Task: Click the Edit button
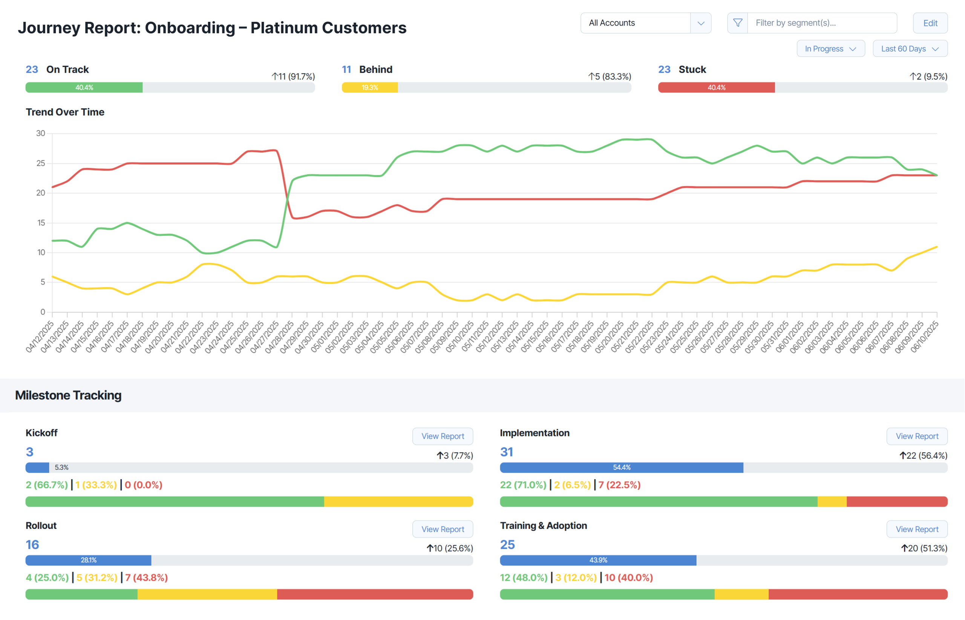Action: click(930, 23)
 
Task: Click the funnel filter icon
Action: click(737, 23)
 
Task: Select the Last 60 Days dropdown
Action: click(910, 49)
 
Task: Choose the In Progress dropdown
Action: click(830, 49)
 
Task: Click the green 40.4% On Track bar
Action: click(84, 87)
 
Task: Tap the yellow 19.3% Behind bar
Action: click(369, 87)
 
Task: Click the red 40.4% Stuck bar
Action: click(716, 87)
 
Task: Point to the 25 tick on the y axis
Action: click(41, 164)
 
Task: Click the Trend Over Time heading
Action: click(65, 112)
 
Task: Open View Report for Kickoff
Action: click(443, 436)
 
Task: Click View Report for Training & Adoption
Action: click(916, 529)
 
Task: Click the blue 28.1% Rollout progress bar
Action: click(88, 560)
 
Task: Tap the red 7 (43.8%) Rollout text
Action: click(146, 577)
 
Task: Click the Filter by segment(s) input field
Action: click(821, 23)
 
